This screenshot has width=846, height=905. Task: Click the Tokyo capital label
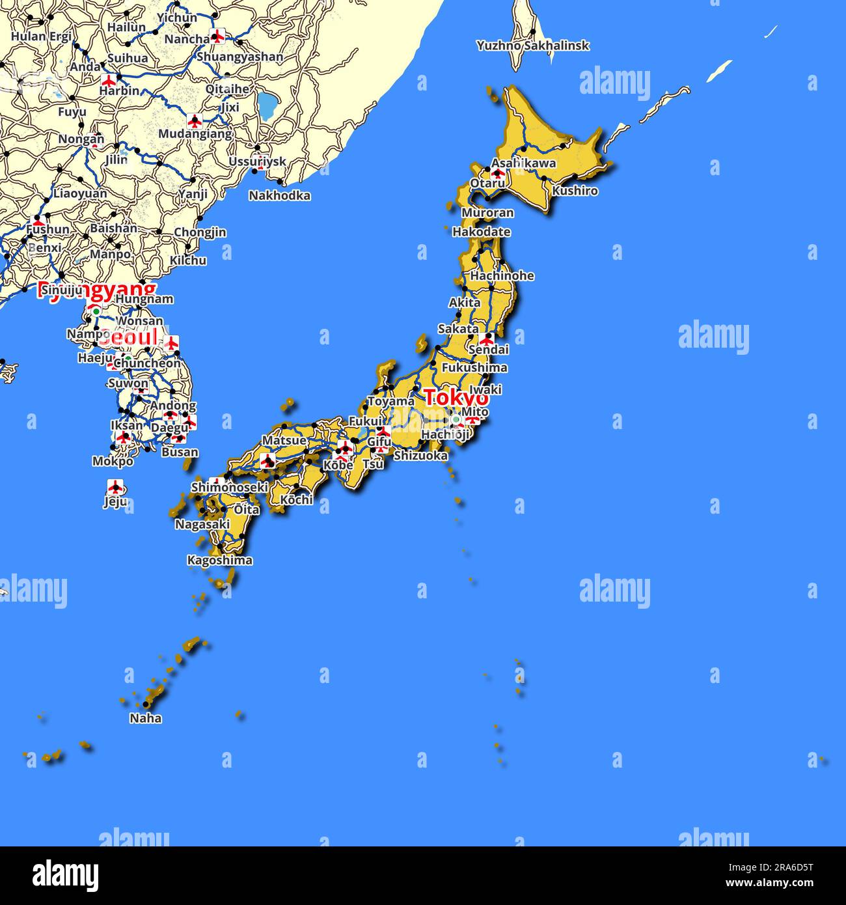tap(455, 397)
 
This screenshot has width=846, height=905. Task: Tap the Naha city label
tap(145, 718)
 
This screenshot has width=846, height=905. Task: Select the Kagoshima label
tap(219, 560)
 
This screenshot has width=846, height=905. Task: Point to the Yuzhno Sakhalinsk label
tap(532, 46)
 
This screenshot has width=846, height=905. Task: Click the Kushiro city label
tap(575, 191)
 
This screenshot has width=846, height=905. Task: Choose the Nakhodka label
tap(279, 195)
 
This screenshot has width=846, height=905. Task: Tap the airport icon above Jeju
tap(116, 486)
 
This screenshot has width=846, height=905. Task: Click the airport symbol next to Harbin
tap(109, 80)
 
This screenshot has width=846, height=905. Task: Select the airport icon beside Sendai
tap(487, 339)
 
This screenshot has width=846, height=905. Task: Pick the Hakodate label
tap(481, 232)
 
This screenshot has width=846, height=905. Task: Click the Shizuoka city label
tap(420, 456)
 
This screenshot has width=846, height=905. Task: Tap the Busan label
tap(180, 452)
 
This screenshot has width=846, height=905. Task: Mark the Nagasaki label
tap(202, 524)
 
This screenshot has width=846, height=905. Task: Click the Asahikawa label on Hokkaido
tap(523, 163)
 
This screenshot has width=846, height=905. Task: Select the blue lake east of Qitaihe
tap(266, 105)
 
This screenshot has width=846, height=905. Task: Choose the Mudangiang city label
tap(195, 134)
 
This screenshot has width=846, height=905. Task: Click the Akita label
tap(465, 302)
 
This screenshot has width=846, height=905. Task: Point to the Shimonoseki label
tap(229, 487)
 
